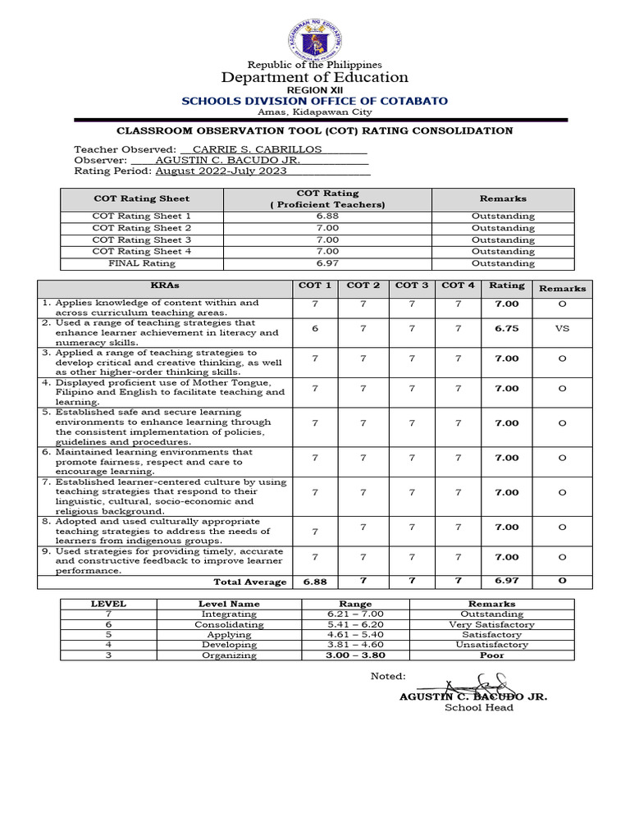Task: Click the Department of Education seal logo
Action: click(x=315, y=39)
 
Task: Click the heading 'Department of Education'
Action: click(x=315, y=78)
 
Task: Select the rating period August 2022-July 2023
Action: click(x=221, y=171)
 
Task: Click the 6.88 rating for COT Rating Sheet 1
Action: click(x=327, y=216)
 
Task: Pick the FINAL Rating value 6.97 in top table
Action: click(x=327, y=263)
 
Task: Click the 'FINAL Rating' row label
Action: click(x=142, y=263)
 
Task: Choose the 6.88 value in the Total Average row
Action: click(x=315, y=582)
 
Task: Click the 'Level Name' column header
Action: click(x=229, y=604)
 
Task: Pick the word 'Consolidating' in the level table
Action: click(x=229, y=624)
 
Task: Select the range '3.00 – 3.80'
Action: click(x=355, y=655)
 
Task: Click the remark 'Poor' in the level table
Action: click(x=491, y=655)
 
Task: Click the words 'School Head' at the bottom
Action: click(x=479, y=708)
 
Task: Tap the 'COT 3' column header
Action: click(x=412, y=285)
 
